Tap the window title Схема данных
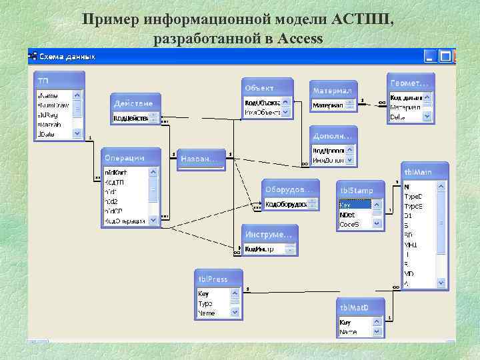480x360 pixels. tap(67, 56)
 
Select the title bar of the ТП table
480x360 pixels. tap(59, 80)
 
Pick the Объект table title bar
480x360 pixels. tap(267, 87)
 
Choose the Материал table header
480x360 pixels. tap(333, 89)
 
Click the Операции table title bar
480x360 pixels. tap(131, 157)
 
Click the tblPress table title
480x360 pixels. tap(218, 277)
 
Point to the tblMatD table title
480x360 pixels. tap(361, 307)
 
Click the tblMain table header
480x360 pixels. tap(424, 172)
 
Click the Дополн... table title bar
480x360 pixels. tap(332, 136)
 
